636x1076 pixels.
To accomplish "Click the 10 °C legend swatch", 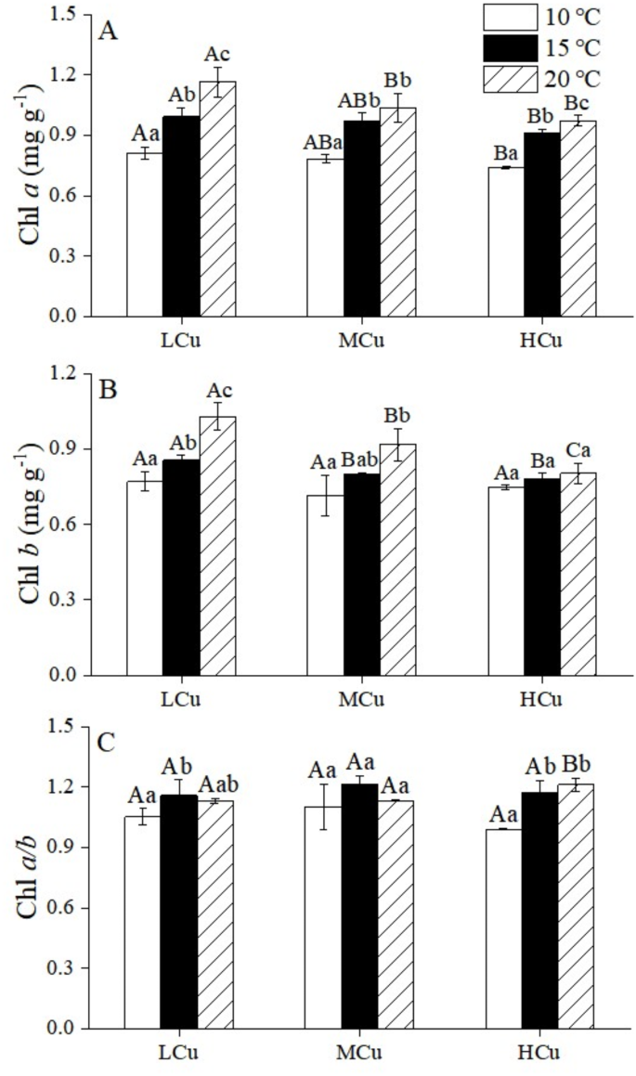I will point(511,17).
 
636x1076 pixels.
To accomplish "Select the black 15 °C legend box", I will point(511,47).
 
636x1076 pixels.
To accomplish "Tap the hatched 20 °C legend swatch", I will point(511,78).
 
